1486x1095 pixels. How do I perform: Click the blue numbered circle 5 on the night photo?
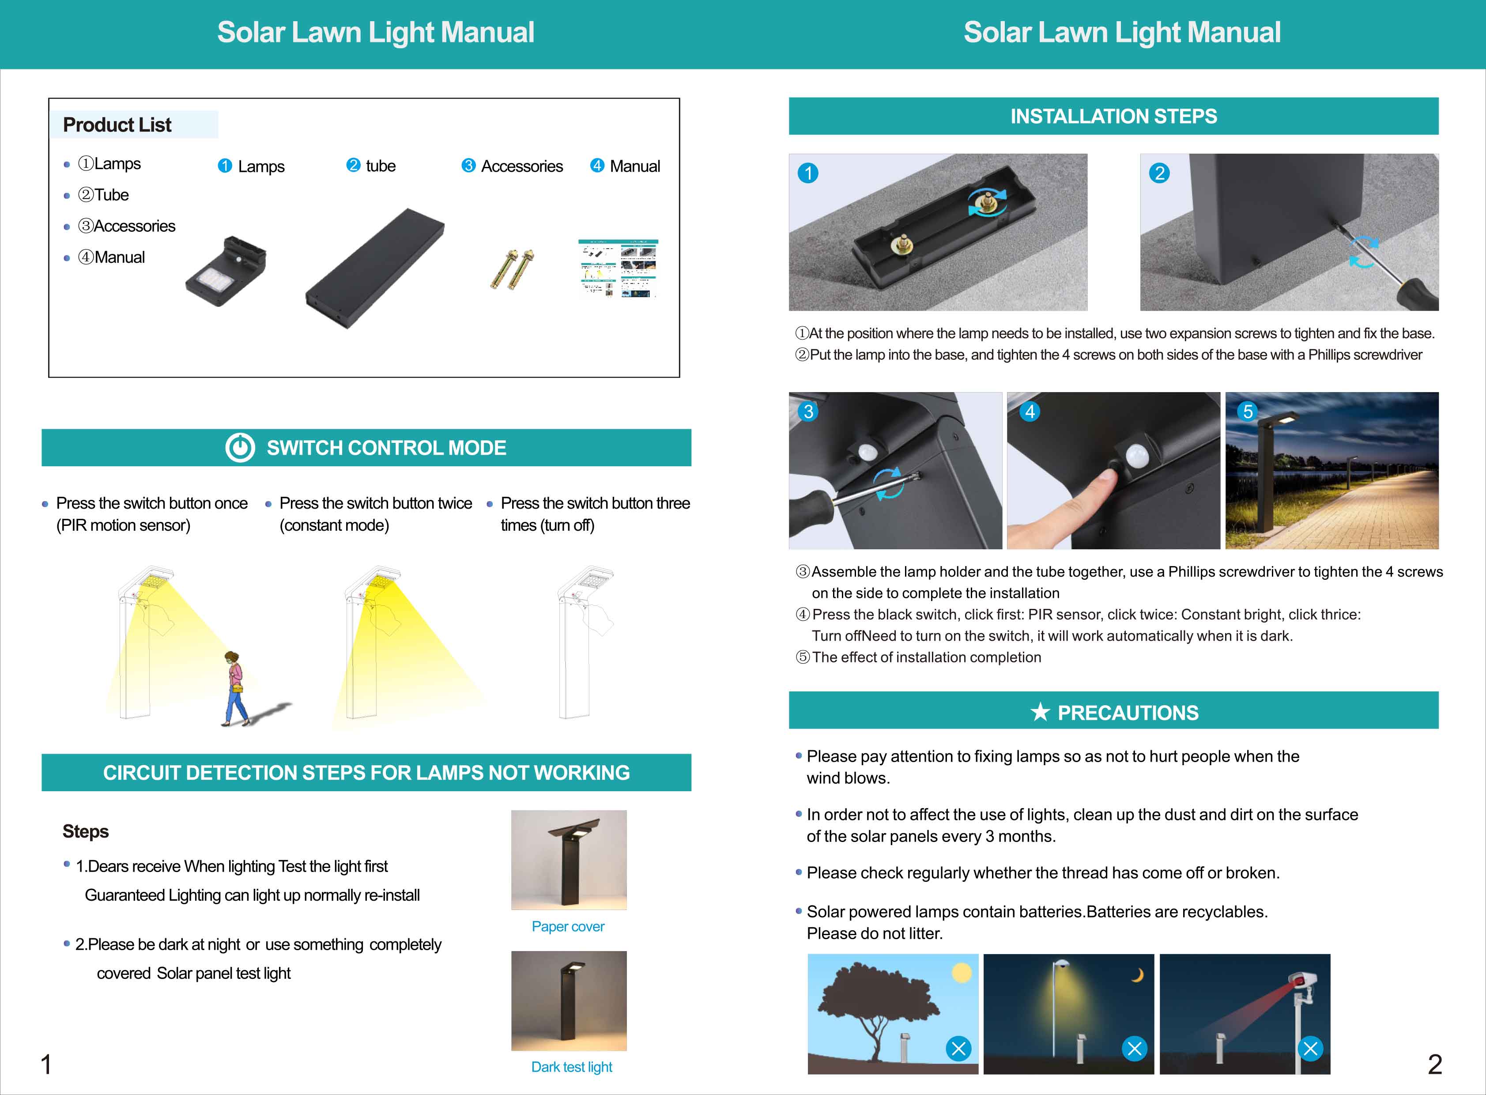coord(1248,412)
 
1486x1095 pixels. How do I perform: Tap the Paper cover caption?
coord(568,927)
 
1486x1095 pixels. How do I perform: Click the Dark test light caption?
coord(571,1067)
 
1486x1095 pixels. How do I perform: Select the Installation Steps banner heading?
coord(1113,116)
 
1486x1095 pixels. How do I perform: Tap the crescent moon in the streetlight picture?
coord(1138,975)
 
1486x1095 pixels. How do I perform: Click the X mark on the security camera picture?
coord(1310,1049)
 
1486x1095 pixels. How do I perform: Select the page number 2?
coord(1435,1065)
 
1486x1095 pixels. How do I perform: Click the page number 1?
coord(46,1065)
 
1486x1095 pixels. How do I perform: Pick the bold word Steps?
coord(86,831)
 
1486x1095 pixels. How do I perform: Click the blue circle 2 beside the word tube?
coord(353,165)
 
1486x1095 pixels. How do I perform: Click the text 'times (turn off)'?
coord(547,525)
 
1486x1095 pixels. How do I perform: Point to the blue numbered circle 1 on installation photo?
coord(808,173)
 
